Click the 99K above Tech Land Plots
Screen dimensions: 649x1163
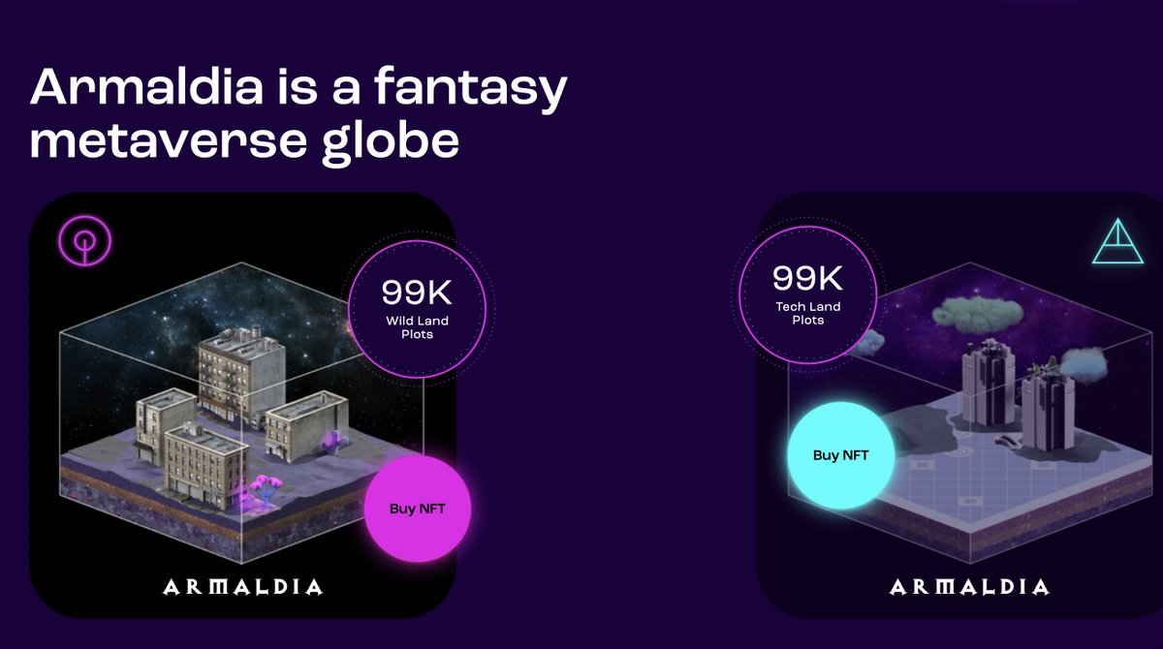807,279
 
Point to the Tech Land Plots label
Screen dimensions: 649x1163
807,313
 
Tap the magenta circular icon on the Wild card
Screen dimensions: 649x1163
85,239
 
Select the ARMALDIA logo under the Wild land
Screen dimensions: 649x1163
242,586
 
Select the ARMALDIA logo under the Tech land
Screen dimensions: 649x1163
968,587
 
